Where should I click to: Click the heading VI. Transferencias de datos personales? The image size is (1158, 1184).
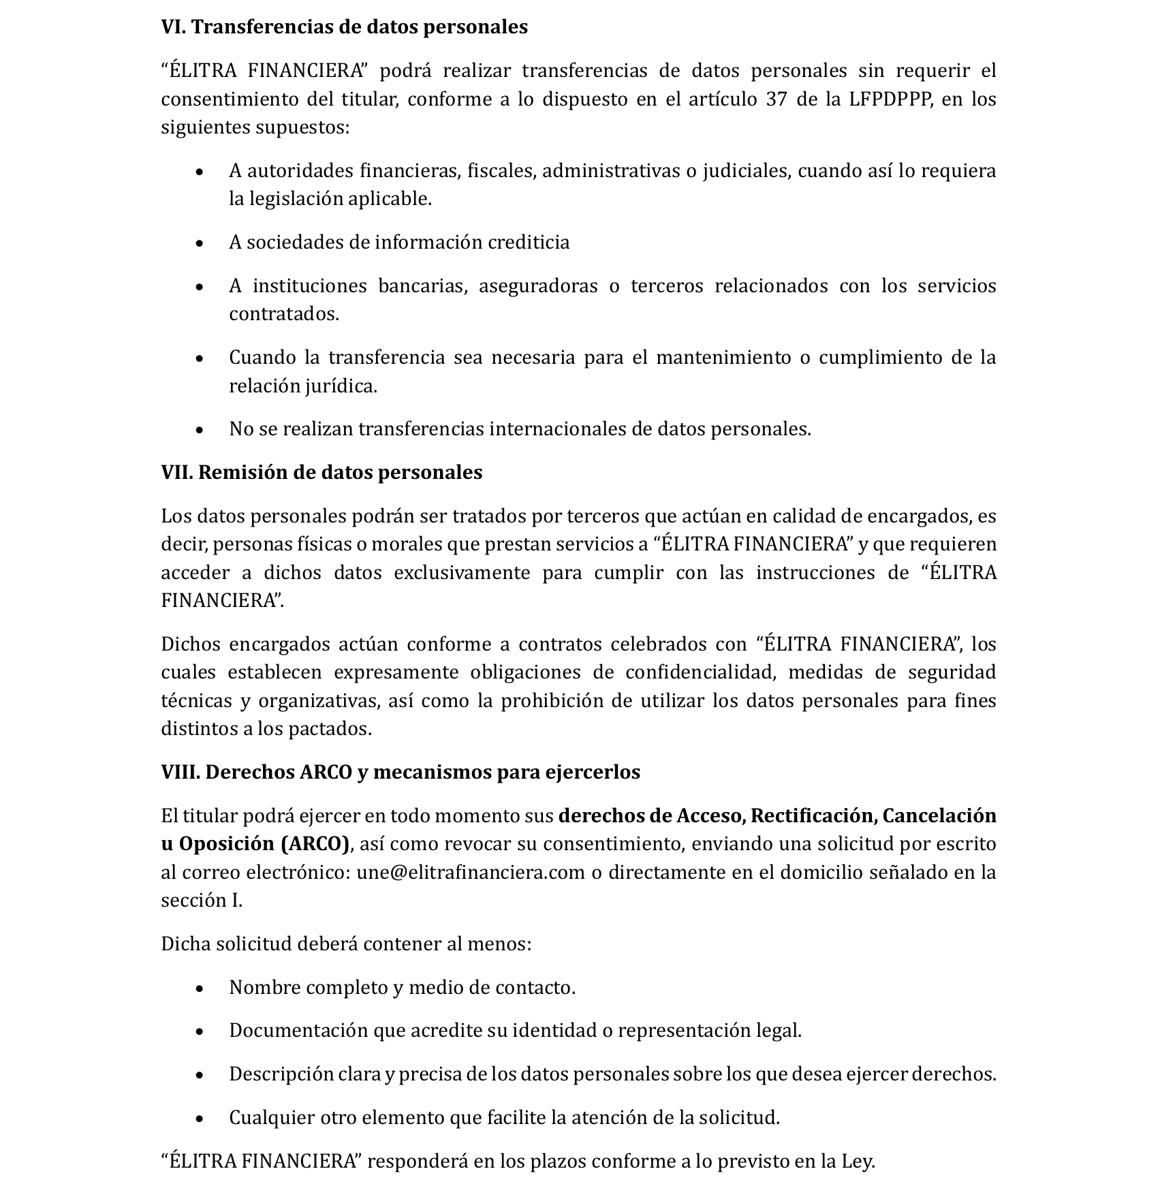coord(344,27)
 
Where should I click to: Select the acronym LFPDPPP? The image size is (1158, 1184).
coord(890,99)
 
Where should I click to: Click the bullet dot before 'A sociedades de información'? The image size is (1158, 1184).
coord(199,243)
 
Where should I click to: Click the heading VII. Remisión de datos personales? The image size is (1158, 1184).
coord(322,473)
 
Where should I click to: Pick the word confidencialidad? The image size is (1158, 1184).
coord(700,672)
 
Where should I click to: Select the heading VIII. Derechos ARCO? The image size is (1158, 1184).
coord(401,773)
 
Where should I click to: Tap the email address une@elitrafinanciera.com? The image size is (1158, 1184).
coord(471,873)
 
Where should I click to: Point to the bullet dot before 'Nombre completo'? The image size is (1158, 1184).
coord(199,988)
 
